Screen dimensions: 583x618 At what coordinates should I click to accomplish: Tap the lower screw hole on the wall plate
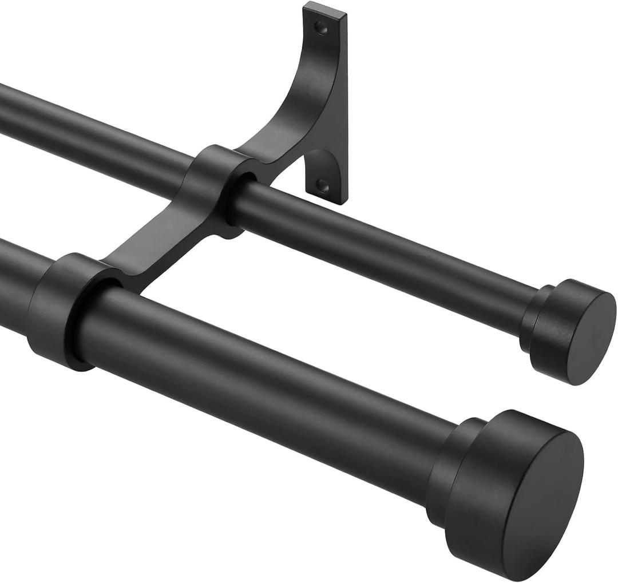click(324, 185)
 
